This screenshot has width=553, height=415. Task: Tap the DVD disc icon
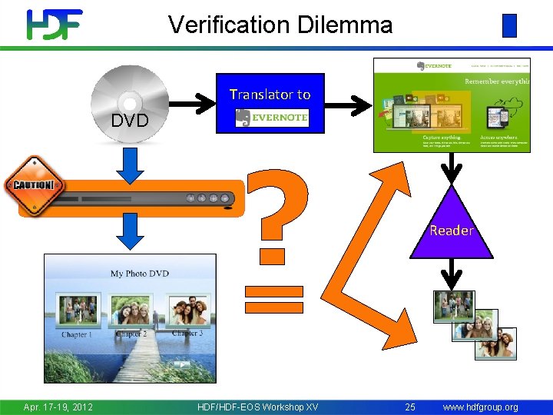(x=128, y=104)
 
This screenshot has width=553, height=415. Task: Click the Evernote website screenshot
(x=451, y=105)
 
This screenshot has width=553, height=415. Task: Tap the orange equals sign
(x=274, y=298)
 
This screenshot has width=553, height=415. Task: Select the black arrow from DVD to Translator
(x=192, y=101)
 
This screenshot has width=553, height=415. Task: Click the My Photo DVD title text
(x=139, y=274)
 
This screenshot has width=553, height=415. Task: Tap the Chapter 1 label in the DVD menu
(x=76, y=335)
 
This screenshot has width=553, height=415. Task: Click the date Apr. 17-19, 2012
(x=58, y=407)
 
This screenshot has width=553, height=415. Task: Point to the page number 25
(x=410, y=407)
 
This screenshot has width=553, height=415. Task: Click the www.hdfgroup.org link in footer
(x=480, y=407)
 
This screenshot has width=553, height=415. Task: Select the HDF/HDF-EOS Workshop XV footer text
(x=257, y=407)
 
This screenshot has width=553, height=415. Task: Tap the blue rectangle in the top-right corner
(x=509, y=25)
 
